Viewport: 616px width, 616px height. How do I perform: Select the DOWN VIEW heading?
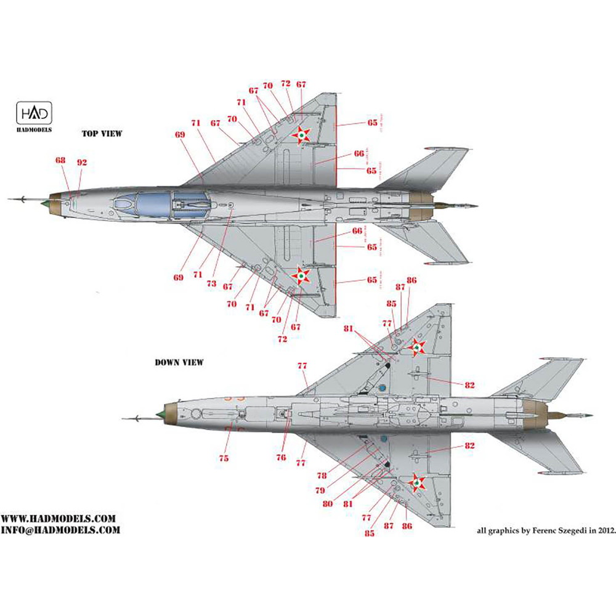pos(179,363)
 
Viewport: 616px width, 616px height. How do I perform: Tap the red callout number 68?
pos(60,161)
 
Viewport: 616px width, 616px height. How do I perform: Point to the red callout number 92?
pos(82,163)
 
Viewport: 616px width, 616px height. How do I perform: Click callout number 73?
pos(211,283)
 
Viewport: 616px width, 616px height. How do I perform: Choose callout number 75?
pos(224,458)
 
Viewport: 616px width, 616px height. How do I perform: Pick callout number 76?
pos(282,457)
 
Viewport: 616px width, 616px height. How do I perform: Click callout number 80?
pos(327,503)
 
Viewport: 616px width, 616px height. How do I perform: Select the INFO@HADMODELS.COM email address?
pos(60,530)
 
